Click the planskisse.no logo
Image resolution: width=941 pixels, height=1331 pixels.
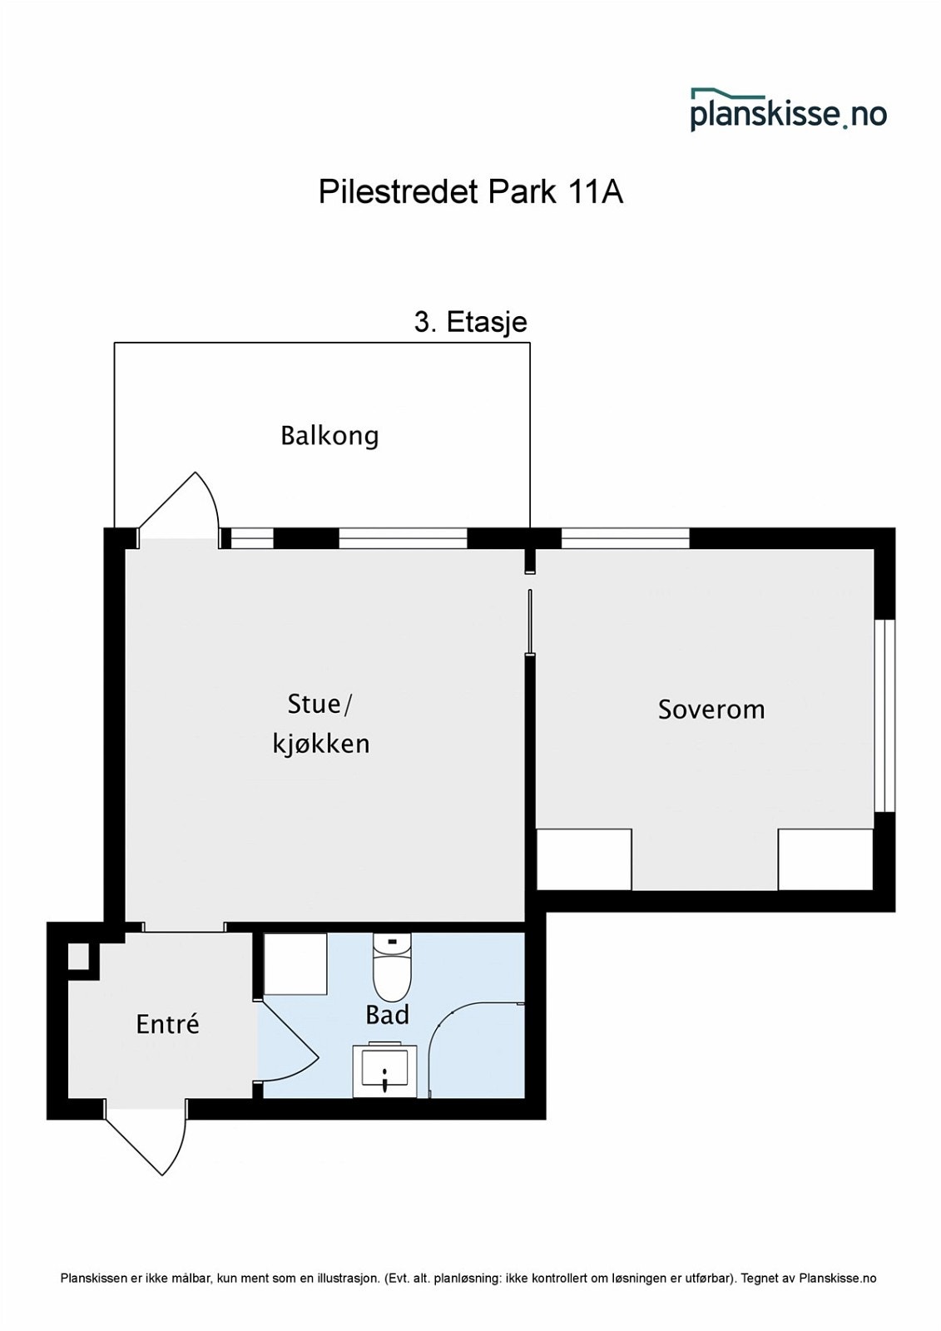[x=788, y=110]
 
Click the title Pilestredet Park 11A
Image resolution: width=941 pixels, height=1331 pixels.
[x=471, y=192]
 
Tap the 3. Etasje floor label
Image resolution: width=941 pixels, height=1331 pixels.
[x=471, y=323]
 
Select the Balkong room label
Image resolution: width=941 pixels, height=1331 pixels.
[x=329, y=436]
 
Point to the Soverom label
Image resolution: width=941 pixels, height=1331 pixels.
[x=711, y=710]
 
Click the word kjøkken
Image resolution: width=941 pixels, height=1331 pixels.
[x=321, y=744]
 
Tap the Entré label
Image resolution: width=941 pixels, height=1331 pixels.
[x=167, y=1024]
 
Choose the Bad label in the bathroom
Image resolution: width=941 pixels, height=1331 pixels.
[x=388, y=1014]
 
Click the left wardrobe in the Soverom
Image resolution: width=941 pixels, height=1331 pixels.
[x=584, y=860]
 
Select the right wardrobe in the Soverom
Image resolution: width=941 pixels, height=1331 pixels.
[x=825, y=860]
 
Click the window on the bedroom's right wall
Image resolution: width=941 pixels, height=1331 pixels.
[x=884, y=715]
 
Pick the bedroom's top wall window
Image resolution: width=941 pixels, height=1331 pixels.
[x=626, y=537]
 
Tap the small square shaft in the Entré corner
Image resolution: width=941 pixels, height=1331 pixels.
[x=78, y=957]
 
